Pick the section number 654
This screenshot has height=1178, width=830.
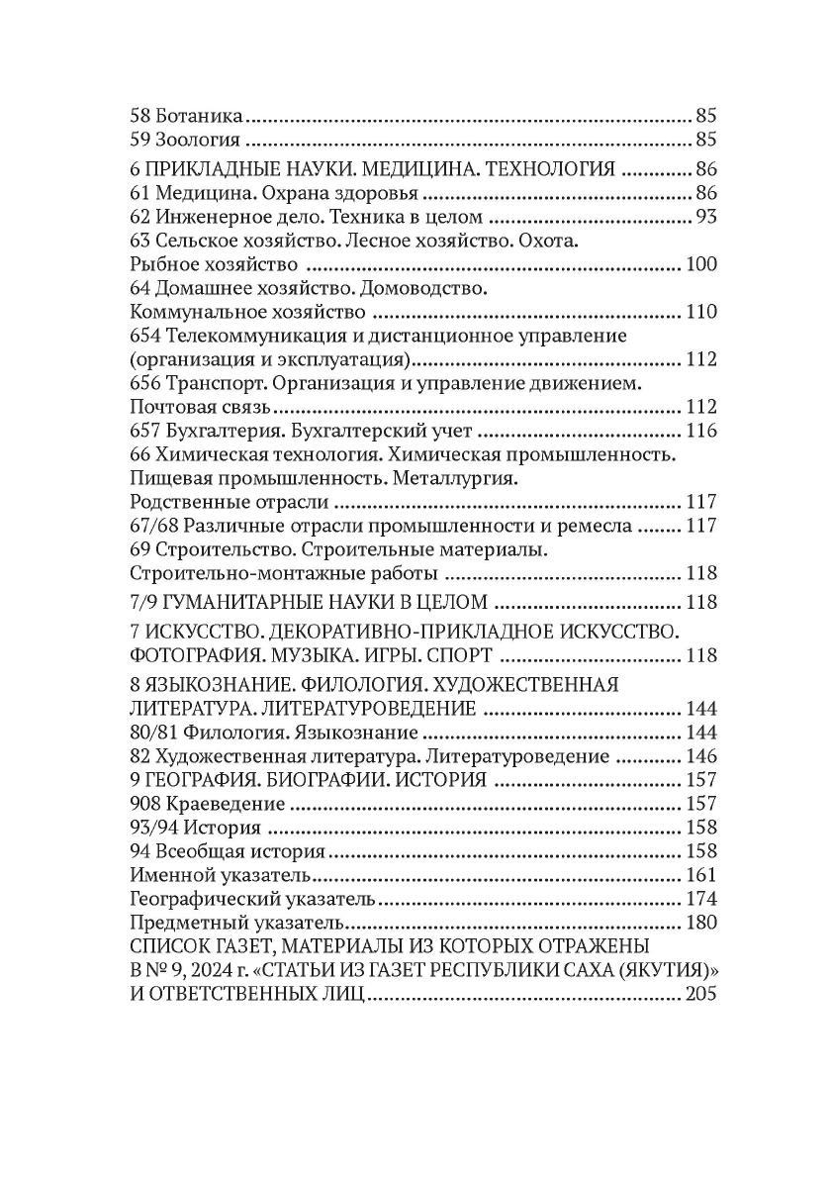click(145, 337)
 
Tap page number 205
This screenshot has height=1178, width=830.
click(699, 994)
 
